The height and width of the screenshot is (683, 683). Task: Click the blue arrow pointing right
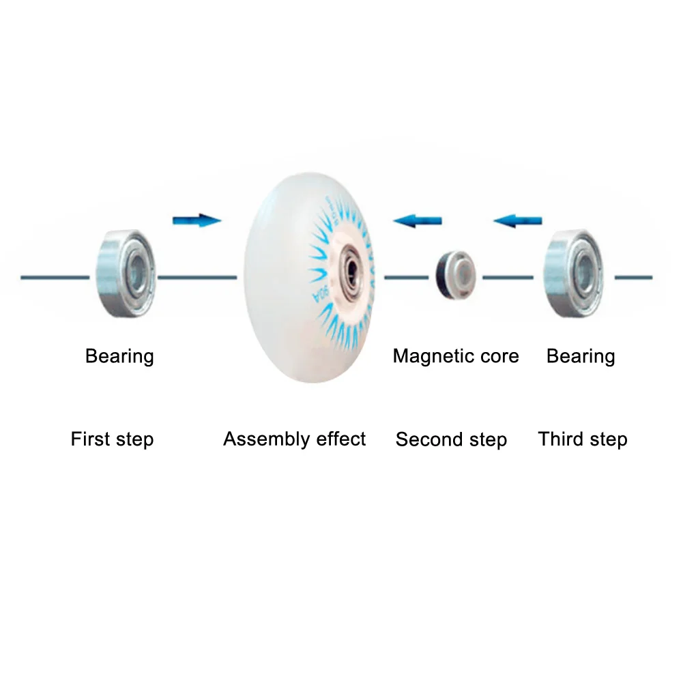click(x=197, y=220)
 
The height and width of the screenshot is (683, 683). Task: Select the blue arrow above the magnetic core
click(x=418, y=220)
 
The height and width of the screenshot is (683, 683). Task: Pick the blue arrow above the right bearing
click(x=518, y=220)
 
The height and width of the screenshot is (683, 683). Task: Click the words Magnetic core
click(x=456, y=356)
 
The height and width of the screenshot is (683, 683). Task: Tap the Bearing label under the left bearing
click(x=119, y=356)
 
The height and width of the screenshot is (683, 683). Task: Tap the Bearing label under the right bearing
click(x=581, y=356)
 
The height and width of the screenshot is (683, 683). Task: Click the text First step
click(x=112, y=439)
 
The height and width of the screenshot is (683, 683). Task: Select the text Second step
click(x=451, y=440)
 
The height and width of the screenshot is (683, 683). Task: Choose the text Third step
click(x=582, y=439)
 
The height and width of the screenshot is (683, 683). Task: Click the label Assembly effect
click(x=294, y=439)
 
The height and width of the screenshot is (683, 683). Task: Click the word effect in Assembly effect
click(x=340, y=439)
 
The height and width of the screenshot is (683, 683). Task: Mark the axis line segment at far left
click(x=55, y=277)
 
